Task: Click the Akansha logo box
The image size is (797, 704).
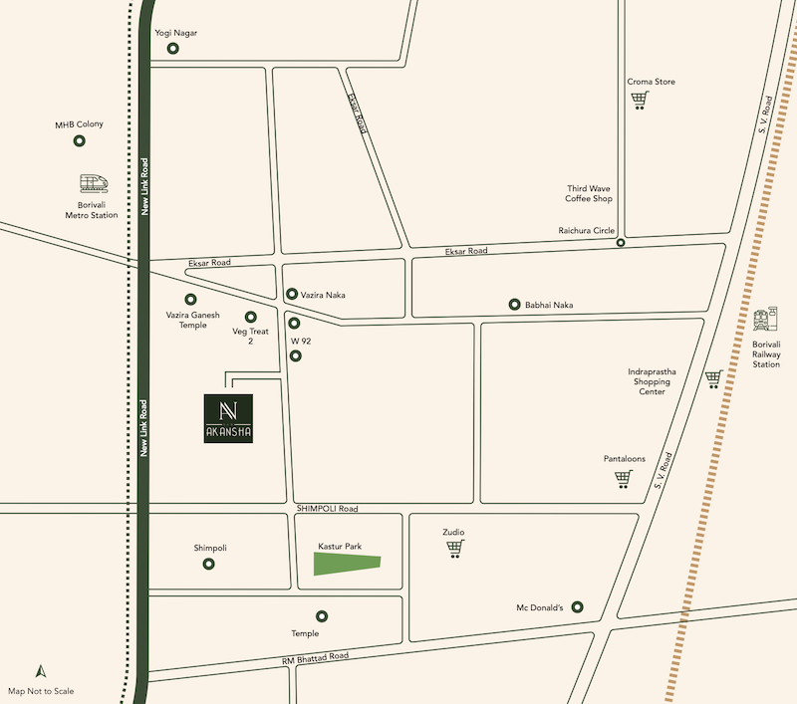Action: tap(228, 418)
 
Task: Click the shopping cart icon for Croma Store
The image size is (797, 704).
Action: tap(639, 100)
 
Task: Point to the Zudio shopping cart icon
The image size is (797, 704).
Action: tap(454, 549)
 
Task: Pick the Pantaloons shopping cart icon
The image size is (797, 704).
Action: tap(624, 479)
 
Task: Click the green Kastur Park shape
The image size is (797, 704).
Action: tap(347, 563)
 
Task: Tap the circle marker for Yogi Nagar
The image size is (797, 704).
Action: tap(173, 48)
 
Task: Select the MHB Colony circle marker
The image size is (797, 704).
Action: tap(80, 141)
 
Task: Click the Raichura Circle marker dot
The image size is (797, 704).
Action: tap(621, 242)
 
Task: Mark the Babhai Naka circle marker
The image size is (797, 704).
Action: tap(514, 305)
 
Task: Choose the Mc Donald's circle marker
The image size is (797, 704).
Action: tap(578, 607)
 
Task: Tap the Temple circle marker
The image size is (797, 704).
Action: tap(322, 616)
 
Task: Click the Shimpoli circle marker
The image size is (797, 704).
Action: tap(209, 564)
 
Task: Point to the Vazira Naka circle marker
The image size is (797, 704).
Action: tap(292, 294)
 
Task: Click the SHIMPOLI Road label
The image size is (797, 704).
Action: tap(326, 509)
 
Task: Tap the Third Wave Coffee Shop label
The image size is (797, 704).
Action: tap(589, 193)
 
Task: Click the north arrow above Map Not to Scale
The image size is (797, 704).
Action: tap(41, 672)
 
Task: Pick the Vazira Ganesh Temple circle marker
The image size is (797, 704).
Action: tap(190, 299)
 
